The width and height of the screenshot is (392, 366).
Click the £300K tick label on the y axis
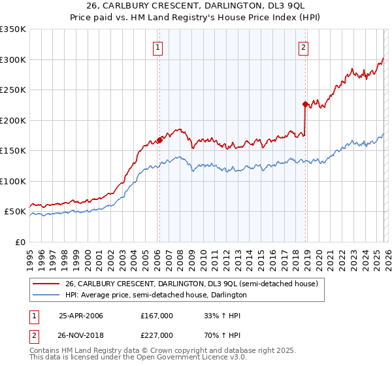[13, 59]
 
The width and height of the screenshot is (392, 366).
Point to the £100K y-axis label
[13, 181]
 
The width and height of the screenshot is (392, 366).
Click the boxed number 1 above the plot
[159, 46]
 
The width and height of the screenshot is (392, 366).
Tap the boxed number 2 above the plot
[304, 46]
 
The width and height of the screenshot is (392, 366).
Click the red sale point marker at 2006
[159, 140]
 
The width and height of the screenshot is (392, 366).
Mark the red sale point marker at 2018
[305, 104]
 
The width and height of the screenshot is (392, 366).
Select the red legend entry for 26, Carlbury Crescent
[191, 284]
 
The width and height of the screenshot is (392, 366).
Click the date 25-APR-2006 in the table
[81, 316]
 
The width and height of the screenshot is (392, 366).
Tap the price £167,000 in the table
[156, 316]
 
